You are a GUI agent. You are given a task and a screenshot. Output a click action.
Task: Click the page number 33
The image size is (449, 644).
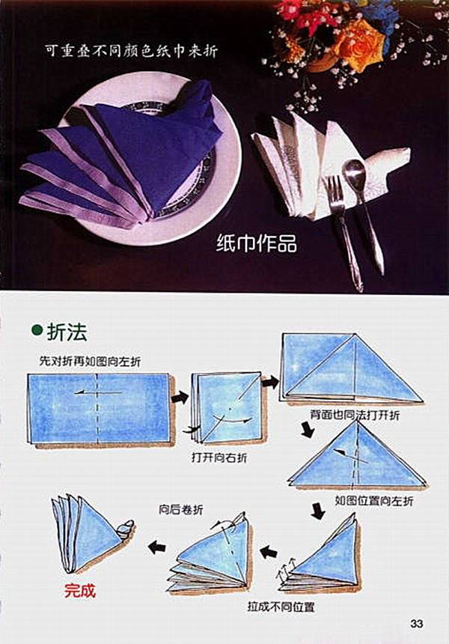point(417,624)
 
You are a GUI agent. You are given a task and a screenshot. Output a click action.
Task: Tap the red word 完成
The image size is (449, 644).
point(79,590)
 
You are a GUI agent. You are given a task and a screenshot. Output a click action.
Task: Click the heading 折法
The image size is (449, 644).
point(66,332)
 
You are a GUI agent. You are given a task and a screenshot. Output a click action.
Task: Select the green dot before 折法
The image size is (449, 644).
point(36,332)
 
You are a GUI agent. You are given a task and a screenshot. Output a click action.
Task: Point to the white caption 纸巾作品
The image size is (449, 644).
point(256,243)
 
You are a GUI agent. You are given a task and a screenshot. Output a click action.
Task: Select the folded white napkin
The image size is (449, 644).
point(322,161)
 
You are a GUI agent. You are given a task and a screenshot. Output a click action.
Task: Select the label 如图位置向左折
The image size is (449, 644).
point(373,500)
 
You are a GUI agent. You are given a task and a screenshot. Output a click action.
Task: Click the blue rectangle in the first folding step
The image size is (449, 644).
point(99,407)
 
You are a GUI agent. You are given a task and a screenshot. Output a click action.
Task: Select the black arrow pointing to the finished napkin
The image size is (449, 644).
point(156,547)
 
